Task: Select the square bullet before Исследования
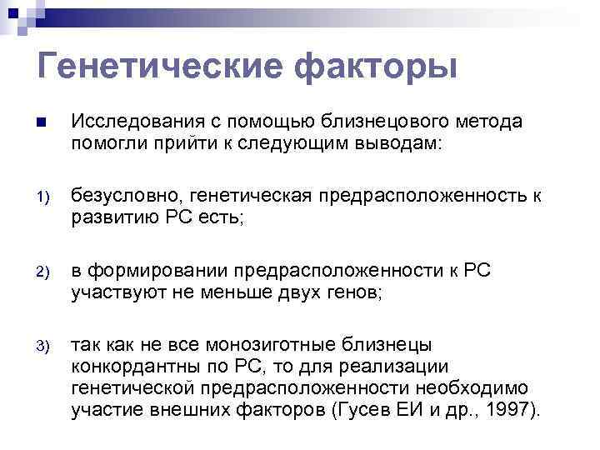pyautogui.click(x=42, y=123)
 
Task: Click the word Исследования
pyautogui.click(x=132, y=122)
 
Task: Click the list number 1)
pyautogui.click(x=43, y=197)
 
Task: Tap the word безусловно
pyautogui.click(x=127, y=196)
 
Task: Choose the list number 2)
pyautogui.click(x=43, y=272)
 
